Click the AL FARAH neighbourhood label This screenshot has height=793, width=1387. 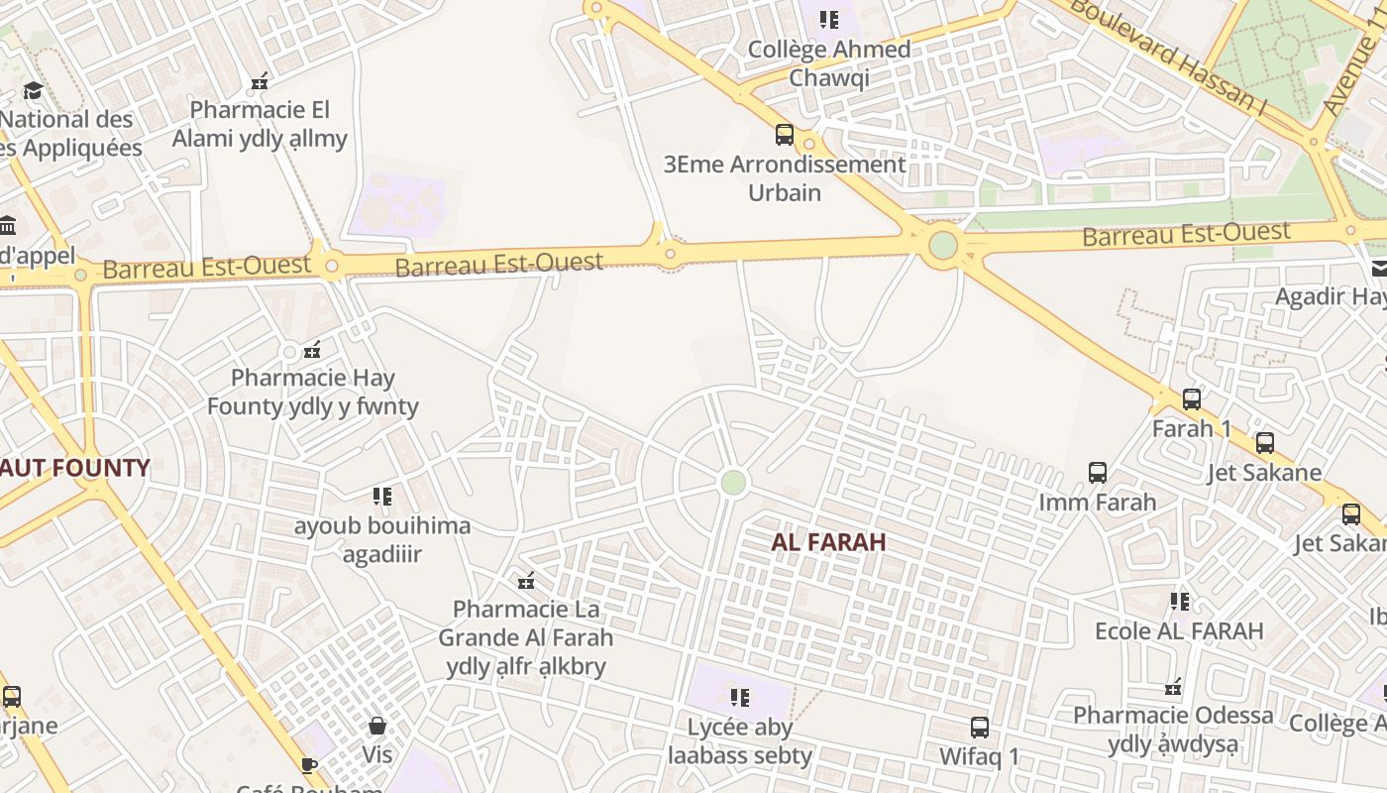pos(828,542)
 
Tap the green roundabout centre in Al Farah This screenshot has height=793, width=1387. pos(733,483)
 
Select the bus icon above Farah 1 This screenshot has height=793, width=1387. pos(1191,399)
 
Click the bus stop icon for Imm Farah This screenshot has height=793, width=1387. pos(1098,473)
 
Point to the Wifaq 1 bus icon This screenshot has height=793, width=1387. pos(980,728)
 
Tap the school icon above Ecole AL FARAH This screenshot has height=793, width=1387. pos(1179,602)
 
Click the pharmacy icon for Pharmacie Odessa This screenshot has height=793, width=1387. pos(1174,686)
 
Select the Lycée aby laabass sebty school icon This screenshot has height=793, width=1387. pos(740,698)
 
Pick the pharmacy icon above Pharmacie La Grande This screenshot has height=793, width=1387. pos(526,580)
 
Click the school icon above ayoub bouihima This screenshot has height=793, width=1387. pos(382,497)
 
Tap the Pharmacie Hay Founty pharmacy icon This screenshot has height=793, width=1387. pos(312,349)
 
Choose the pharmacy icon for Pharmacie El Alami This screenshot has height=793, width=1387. pos(260,80)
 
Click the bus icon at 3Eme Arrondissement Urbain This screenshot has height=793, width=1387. pos(785,135)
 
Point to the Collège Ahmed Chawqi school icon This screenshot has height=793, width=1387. pos(829,20)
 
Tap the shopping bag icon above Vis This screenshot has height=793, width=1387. pos(377,726)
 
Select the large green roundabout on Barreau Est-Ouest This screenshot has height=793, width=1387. pos(943,245)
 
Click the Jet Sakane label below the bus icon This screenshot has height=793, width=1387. pos(1264,472)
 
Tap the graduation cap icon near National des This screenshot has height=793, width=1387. pos(33,91)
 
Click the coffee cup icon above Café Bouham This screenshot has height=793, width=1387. pos(309,764)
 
